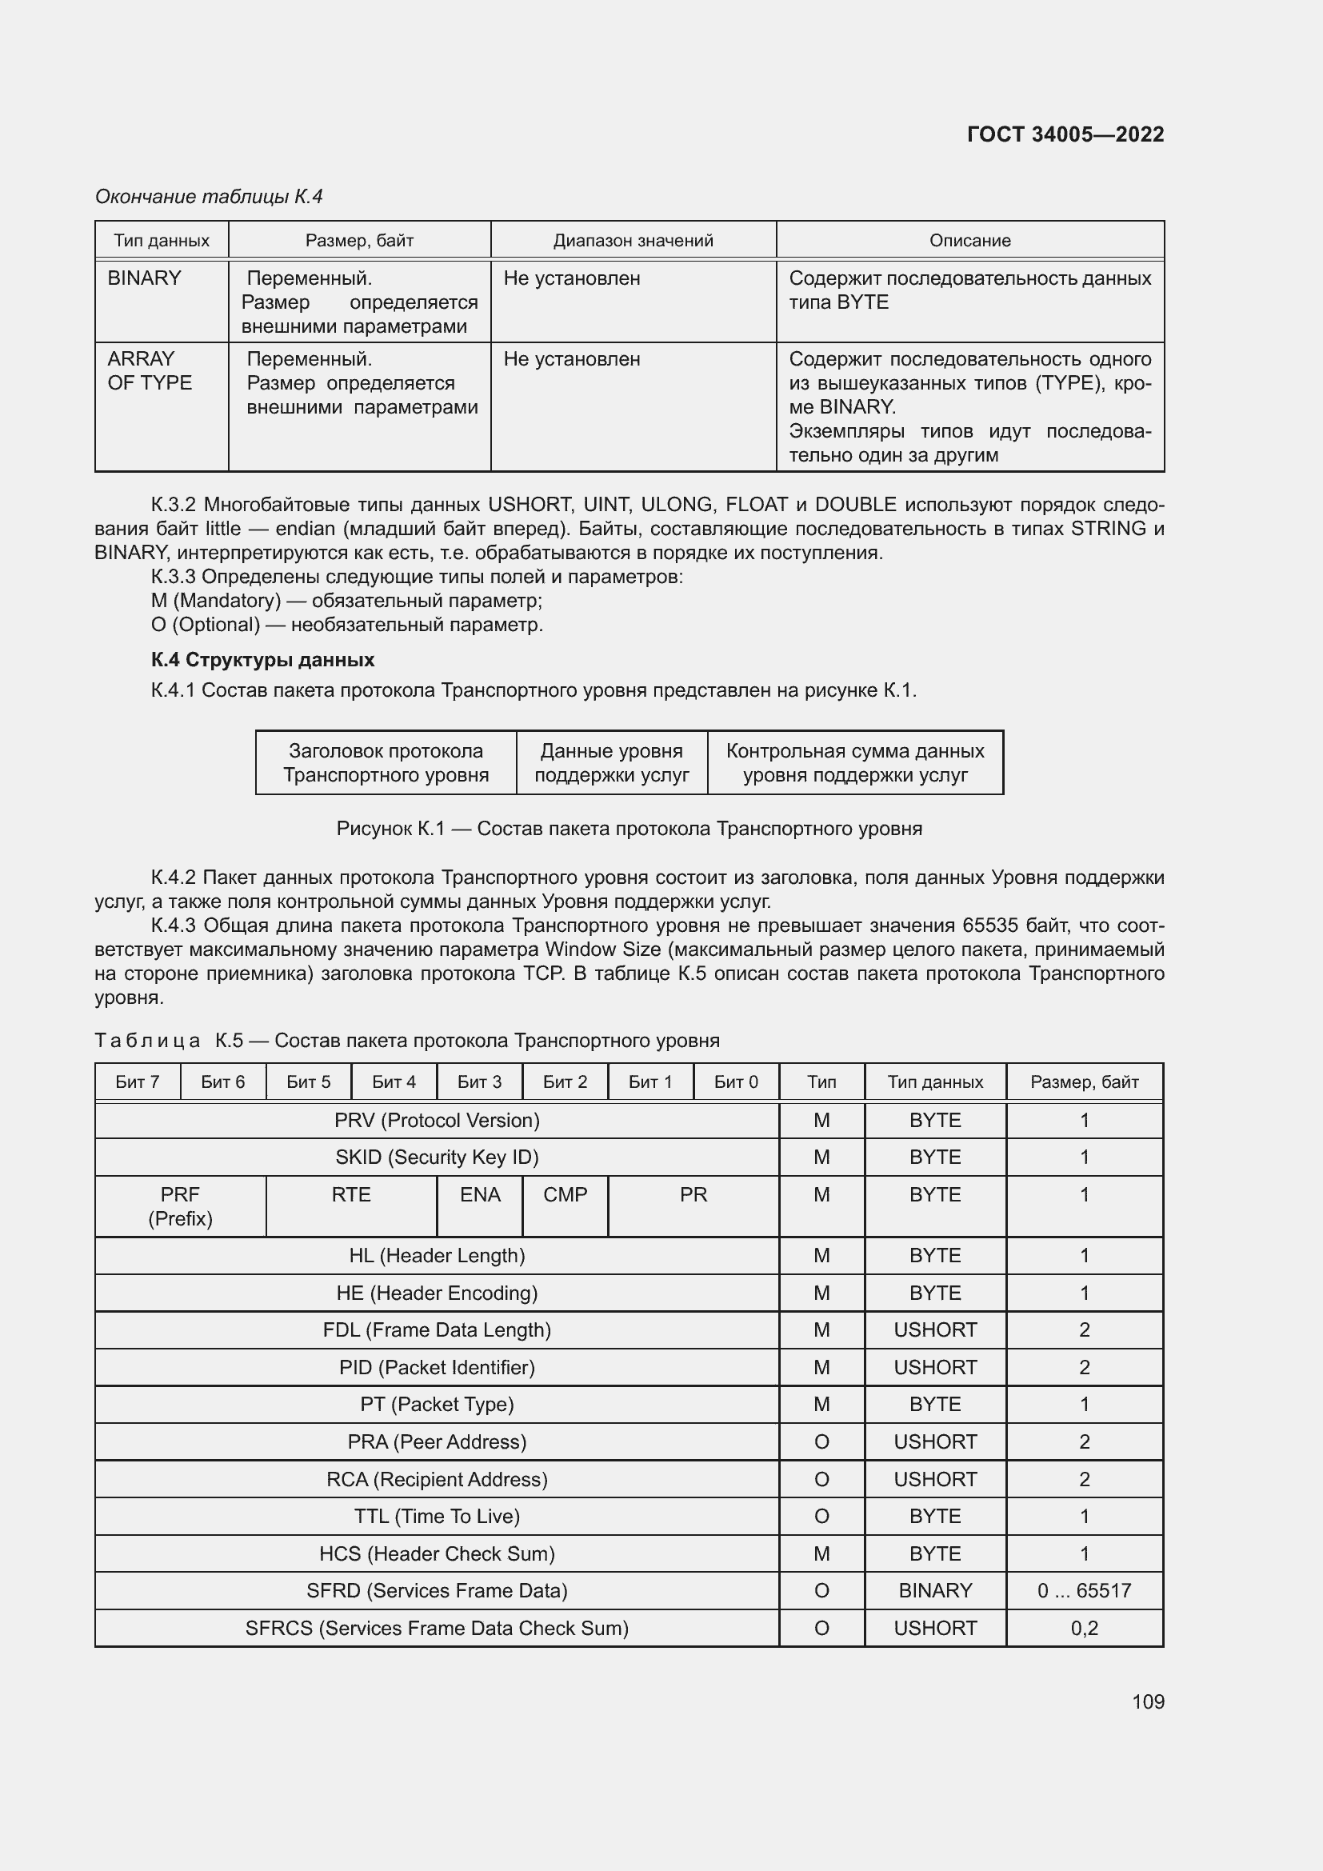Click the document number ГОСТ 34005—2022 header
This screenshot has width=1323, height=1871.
(1065, 134)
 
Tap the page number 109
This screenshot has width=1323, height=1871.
(1147, 1701)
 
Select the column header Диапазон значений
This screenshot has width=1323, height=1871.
(633, 241)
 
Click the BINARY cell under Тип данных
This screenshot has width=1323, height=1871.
(144, 278)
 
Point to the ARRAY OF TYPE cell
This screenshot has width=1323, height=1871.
(150, 371)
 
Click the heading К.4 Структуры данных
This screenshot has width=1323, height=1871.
(262, 659)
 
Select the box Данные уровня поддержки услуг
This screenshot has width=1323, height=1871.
(611, 763)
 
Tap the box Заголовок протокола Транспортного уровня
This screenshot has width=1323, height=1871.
(386, 763)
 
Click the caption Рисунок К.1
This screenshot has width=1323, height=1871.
(629, 829)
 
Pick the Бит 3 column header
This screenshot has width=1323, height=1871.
(479, 1082)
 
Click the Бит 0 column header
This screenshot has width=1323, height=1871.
(736, 1082)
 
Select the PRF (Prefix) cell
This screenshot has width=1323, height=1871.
(180, 1206)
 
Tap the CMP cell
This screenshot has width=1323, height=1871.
(565, 1194)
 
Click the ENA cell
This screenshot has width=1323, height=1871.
(480, 1194)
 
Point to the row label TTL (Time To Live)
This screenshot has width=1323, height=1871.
(437, 1516)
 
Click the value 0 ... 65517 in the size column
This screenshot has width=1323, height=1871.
(1084, 1591)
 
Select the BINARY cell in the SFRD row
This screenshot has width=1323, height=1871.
(934, 1591)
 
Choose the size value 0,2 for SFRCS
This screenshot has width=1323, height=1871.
(1084, 1628)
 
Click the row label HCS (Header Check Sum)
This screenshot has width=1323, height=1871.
(437, 1553)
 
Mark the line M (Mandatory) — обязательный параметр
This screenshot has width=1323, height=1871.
(346, 601)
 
